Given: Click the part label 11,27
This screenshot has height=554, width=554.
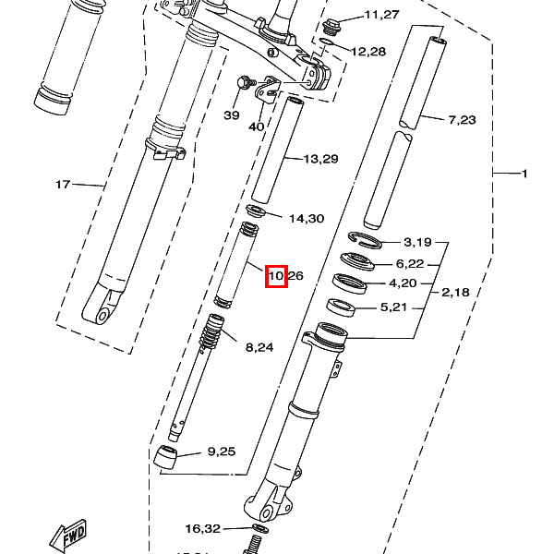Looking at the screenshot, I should pos(381,15).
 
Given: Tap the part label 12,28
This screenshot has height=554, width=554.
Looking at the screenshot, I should pos(368,52).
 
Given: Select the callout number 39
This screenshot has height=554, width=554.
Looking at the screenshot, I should pos(231,115).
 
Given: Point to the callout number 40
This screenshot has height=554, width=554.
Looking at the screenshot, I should pos(257,126).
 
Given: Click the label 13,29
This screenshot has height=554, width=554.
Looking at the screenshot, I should pos(320,159).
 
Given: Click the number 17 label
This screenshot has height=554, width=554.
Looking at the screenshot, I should pos(63,185).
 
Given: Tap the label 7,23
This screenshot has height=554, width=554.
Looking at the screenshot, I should pos(463,120).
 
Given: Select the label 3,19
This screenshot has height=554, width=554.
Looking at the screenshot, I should pos(417,242).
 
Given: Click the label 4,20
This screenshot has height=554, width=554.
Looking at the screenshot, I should pos(403,283).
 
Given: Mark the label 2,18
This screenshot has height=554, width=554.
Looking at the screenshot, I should pos(455,293).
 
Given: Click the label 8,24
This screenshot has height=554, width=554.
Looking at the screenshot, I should pos(259,347).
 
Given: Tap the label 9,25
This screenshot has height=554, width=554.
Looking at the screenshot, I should pos(222,452).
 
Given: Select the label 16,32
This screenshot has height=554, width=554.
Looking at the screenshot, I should pos(202,529).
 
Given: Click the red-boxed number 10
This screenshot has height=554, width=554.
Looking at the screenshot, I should pos(276,275).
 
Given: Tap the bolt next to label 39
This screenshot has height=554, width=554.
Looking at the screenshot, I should pos(246,82).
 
